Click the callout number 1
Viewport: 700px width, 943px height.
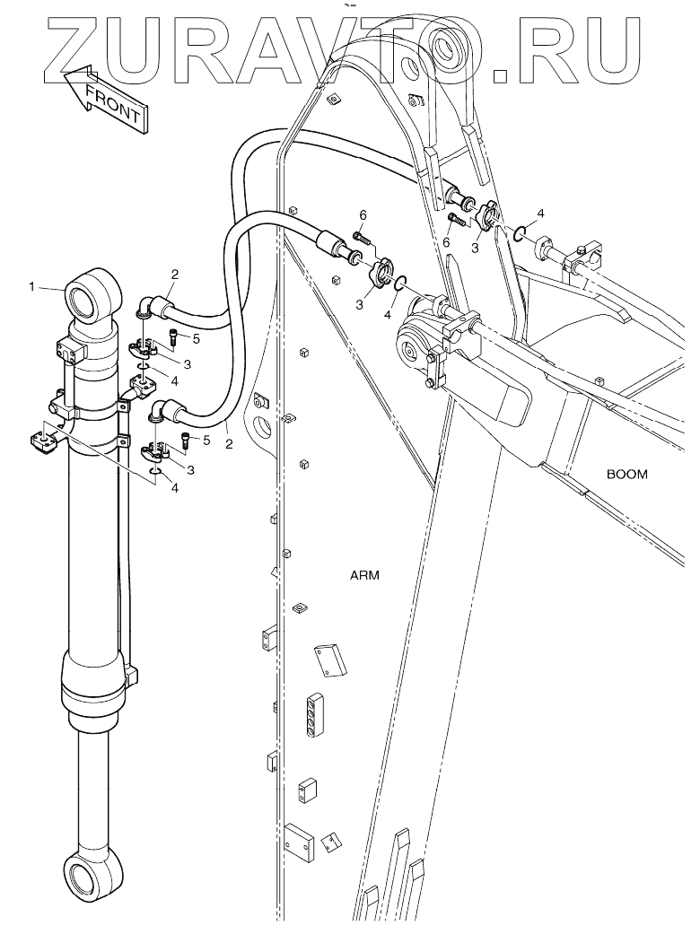pos(32,287)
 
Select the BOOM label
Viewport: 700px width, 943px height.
pos(626,474)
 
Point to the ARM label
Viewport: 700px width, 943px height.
pos(364,576)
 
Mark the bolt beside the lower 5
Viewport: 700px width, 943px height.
pos(186,441)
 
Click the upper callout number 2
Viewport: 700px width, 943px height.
pos(176,273)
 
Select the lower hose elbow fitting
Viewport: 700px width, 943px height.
pos(160,414)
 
